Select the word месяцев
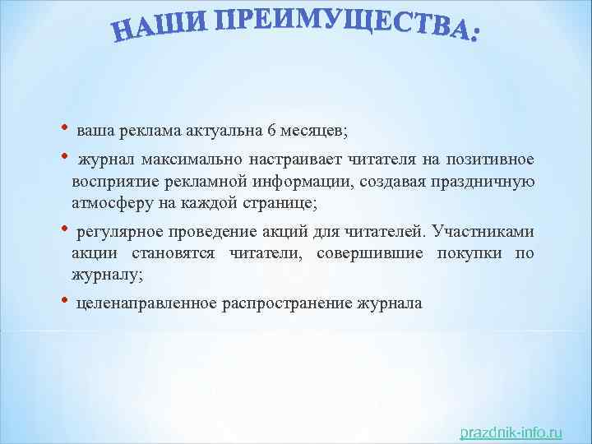[x=317, y=131]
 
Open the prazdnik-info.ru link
[x=511, y=432]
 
